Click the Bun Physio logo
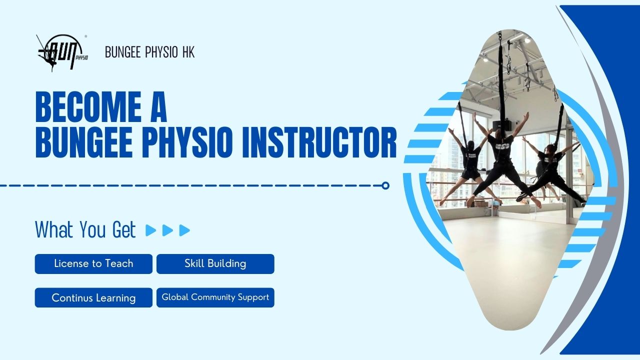point(62,53)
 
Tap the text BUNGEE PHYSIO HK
point(149,52)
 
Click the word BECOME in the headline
point(88,107)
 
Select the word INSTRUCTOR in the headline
point(319,142)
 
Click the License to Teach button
point(93,263)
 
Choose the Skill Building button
point(215,263)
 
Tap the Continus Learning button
point(93,297)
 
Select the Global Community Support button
point(215,297)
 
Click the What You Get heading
point(85,229)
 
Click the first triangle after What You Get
point(150,230)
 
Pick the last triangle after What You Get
point(184,230)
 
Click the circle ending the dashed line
point(385,185)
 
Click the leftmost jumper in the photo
point(468,163)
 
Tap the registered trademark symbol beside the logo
point(85,36)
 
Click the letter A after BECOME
point(158,107)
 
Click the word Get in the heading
point(124,229)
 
